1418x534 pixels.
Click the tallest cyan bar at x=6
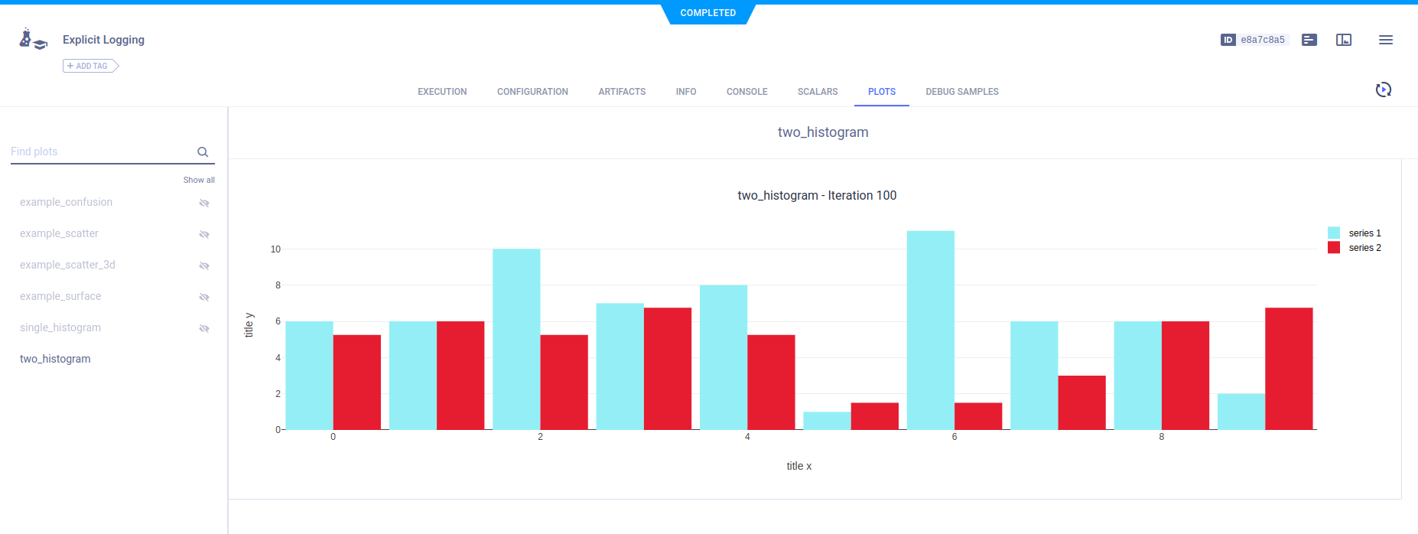pyautogui.click(x=930, y=330)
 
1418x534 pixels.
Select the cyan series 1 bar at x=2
pyautogui.click(x=516, y=339)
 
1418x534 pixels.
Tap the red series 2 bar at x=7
pyautogui.click(x=1081, y=402)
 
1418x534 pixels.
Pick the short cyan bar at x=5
pyautogui.click(x=827, y=421)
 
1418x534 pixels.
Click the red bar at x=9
pyautogui.click(x=1289, y=368)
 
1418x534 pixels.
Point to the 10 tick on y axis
pyautogui.click(x=275, y=249)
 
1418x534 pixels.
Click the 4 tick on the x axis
pyautogui.click(x=747, y=437)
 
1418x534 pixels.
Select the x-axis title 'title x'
pyautogui.click(x=798, y=466)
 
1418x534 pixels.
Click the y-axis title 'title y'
pyautogui.click(x=249, y=325)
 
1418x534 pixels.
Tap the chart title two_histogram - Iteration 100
pyautogui.click(x=816, y=196)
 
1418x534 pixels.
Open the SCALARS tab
pyautogui.click(x=817, y=92)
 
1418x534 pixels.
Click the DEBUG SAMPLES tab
pyautogui.click(x=961, y=92)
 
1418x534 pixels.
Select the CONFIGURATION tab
pyautogui.click(x=532, y=92)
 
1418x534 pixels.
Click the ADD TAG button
pyautogui.click(x=90, y=67)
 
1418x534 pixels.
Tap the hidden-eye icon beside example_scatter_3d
pyautogui.click(x=204, y=265)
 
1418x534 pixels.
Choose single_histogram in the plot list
pyautogui.click(x=60, y=327)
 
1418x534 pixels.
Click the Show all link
pyautogui.click(x=199, y=181)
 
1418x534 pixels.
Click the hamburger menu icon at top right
pyautogui.click(x=1385, y=40)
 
